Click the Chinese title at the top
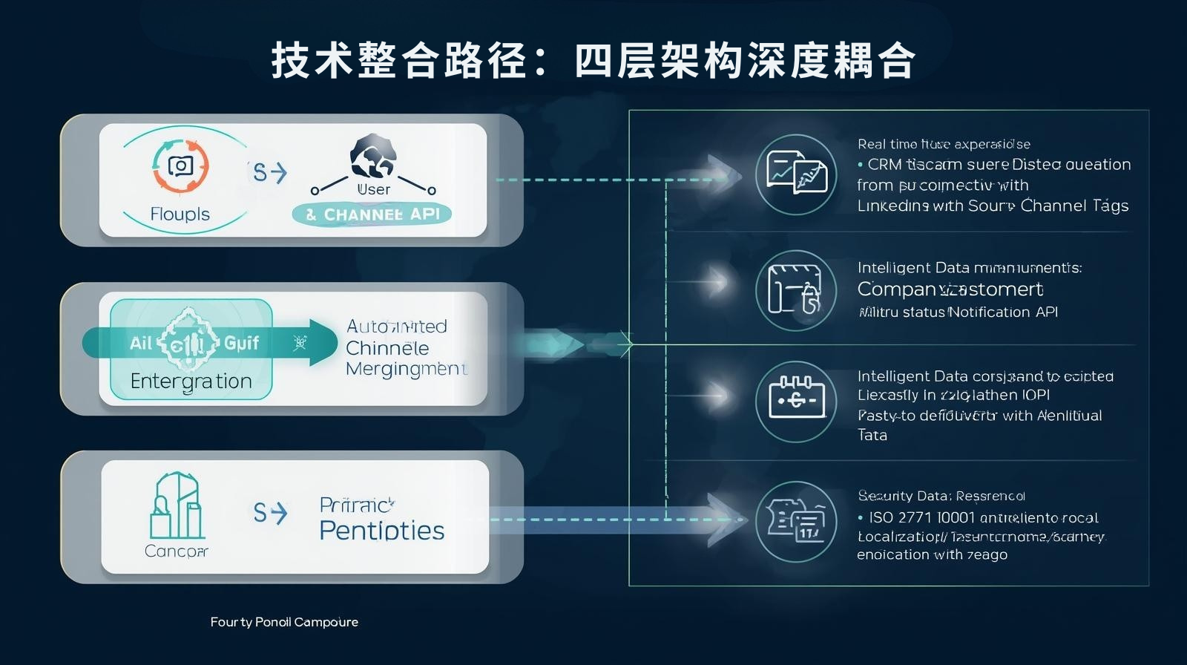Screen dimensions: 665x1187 tap(593, 60)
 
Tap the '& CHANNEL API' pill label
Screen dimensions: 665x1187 tap(372, 214)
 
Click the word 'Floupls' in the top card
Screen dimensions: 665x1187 tap(180, 214)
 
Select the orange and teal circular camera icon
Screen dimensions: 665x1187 tap(180, 166)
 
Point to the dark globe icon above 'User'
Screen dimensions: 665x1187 tap(372, 157)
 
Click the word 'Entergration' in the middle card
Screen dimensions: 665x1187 tap(191, 381)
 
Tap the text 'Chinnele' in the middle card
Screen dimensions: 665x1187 tap(387, 348)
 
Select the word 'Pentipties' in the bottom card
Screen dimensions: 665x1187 tap(382, 531)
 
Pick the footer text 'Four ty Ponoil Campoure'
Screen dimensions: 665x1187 tap(284, 622)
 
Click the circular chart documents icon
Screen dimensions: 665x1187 tap(796, 174)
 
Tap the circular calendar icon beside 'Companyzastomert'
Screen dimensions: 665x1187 tap(796, 289)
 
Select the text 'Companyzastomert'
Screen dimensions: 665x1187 tap(950, 289)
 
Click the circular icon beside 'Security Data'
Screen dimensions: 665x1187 tap(796, 521)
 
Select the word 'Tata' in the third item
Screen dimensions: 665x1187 tap(872, 436)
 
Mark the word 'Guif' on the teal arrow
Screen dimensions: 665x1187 tap(241, 343)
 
